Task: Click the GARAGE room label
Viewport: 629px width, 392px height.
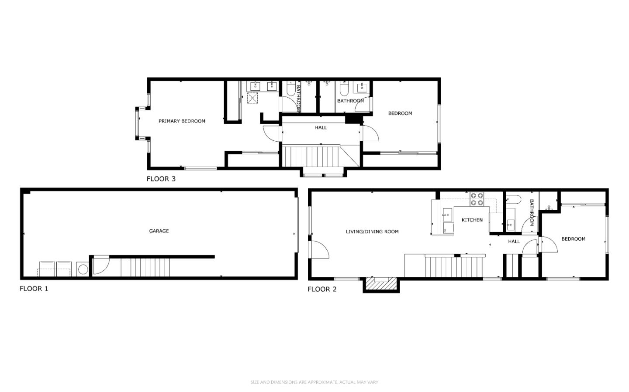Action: click(x=159, y=231)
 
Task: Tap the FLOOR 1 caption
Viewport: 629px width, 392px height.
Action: click(x=34, y=289)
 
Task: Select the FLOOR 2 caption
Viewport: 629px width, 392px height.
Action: click(x=322, y=289)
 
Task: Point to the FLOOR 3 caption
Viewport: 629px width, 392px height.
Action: click(x=161, y=179)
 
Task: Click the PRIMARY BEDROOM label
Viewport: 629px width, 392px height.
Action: click(x=182, y=121)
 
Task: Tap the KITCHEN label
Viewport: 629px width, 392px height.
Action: click(x=472, y=220)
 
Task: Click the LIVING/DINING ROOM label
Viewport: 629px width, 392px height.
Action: click(x=372, y=232)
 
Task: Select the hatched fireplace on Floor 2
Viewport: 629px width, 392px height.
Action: click(x=380, y=284)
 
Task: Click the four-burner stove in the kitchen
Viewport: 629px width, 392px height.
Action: click(x=477, y=199)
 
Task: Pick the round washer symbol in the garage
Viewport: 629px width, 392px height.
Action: click(x=83, y=269)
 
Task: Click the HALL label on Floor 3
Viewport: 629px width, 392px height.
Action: click(x=321, y=128)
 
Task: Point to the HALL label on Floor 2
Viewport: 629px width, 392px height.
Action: click(x=514, y=242)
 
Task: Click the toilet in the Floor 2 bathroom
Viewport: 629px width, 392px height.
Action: click(x=514, y=200)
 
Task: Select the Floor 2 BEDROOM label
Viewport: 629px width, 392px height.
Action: click(x=573, y=239)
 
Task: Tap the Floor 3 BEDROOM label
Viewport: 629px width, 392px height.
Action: click(x=400, y=113)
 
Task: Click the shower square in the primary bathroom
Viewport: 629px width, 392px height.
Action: click(x=252, y=98)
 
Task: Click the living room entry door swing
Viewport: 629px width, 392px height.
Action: click(x=319, y=250)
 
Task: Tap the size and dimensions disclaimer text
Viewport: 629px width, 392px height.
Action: click(x=314, y=382)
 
